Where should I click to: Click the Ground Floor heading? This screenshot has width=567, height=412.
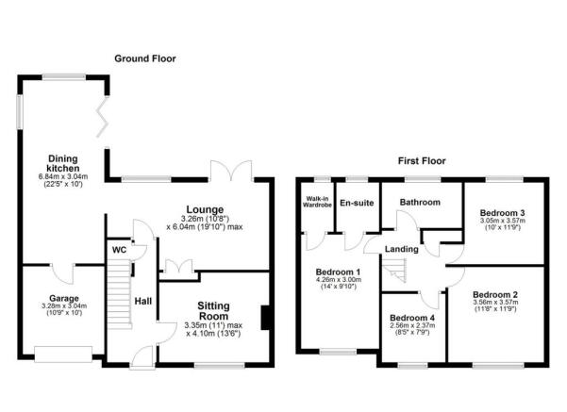pyautogui.click(x=145, y=58)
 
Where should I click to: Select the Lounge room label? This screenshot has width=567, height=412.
pyautogui.click(x=205, y=209)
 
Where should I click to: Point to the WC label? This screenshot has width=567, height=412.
pyautogui.click(x=118, y=250)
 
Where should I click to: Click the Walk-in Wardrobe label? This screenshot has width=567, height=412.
pyautogui.click(x=315, y=205)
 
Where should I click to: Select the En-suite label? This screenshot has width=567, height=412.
pyautogui.click(x=356, y=203)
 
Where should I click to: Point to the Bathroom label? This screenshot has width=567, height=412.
pyautogui.click(x=419, y=202)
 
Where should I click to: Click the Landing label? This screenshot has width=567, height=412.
pyautogui.click(x=405, y=249)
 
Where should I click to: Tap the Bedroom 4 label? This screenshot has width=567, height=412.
pyautogui.click(x=413, y=318)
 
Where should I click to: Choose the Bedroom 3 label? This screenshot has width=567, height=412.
pyautogui.click(x=502, y=212)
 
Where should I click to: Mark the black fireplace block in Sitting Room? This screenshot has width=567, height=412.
pyautogui.click(x=266, y=318)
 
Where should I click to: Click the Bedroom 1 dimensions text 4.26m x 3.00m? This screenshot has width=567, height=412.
pyautogui.click(x=337, y=278)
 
